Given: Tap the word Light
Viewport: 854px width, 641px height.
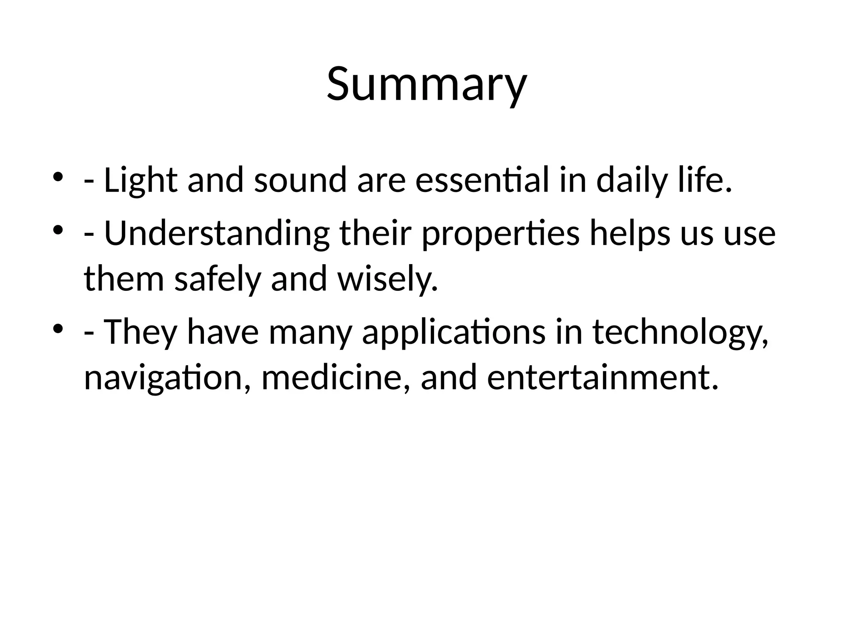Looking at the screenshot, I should pyautogui.click(x=141, y=180).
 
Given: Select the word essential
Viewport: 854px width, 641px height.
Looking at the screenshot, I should pyautogui.click(x=482, y=180).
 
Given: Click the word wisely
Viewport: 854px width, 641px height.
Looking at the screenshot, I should pyautogui.click(x=388, y=280).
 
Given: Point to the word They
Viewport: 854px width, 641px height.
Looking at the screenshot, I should pyautogui.click(x=140, y=332).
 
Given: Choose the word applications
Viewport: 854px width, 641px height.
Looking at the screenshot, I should pyautogui.click(x=454, y=333).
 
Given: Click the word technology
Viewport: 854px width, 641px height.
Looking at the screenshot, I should pyautogui.click(x=680, y=333).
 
